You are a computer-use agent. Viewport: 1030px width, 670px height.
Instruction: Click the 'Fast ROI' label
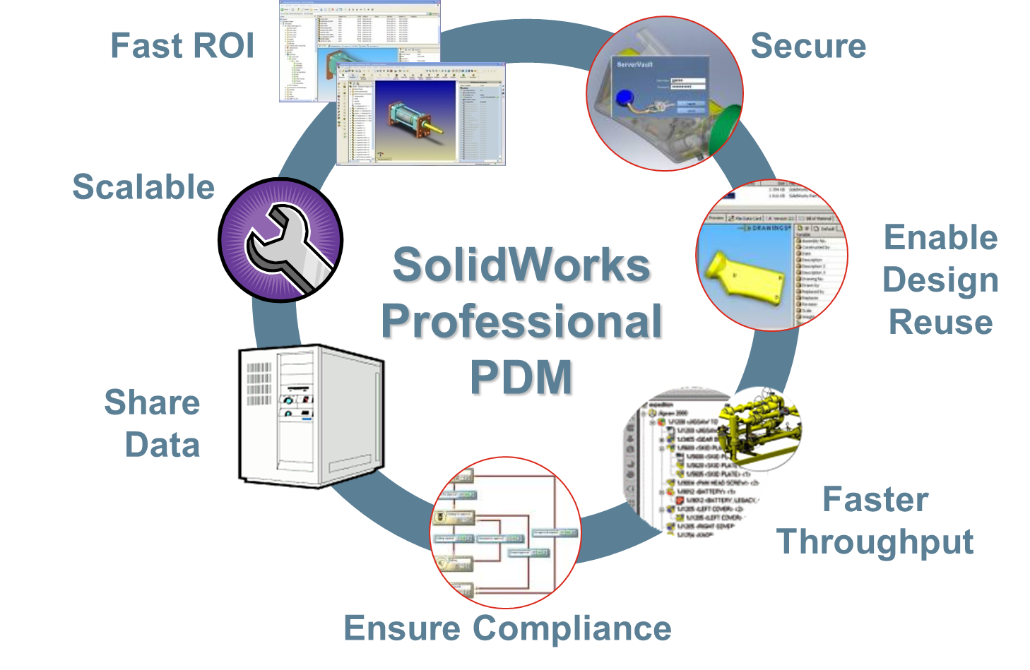[x=182, y=46]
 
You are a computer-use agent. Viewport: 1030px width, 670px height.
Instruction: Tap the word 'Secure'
[x=807, y=46]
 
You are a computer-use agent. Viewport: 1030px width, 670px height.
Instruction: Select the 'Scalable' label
[x=143, y=187]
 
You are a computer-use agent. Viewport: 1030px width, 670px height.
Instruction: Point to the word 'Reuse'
[x=940, y=322]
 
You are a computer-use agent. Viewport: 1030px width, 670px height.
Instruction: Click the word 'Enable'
[x=940, y=237]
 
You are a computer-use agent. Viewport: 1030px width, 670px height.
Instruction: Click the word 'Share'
[x=152, y=402]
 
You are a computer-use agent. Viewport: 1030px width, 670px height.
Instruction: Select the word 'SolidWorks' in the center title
[x=522, y=266]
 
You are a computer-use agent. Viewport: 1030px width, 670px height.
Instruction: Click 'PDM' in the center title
[x=522, y=378]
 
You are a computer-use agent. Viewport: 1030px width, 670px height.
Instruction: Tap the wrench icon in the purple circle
[x=283, y=244]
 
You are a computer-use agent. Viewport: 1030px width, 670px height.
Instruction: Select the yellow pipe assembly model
[x=759, y=427]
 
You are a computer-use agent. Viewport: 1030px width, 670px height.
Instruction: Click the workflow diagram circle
[x=504, y=532]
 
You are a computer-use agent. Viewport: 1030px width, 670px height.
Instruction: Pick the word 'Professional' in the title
[x=522, y=322]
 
